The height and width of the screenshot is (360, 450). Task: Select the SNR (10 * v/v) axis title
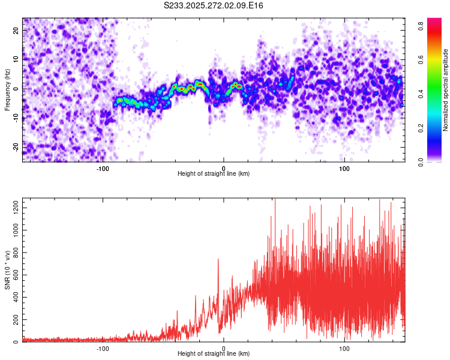(7, 269)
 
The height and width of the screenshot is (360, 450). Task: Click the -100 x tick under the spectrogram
(103, 168)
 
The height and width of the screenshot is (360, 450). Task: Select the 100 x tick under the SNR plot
(344, 348)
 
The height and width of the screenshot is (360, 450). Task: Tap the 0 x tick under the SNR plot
(224, 348)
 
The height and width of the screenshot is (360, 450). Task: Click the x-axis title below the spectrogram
(214, 174)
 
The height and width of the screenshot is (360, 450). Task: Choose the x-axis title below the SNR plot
(214, 354)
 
